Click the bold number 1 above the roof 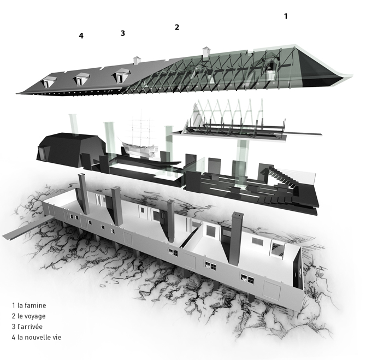coord(286,16)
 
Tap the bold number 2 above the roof coord(177,27)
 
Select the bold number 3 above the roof coord(123,33)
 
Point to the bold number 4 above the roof coord(81,36)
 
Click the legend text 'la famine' coord(32,305)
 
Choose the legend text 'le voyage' coord(32,316)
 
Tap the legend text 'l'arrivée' coord(30,326)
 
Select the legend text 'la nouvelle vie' coord(39,337)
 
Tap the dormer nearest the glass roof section coord(120,75)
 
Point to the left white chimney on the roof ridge coord(137,60)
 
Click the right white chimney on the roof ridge coord(206,52)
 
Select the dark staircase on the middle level coord(280,179)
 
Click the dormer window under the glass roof coord(271,70)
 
